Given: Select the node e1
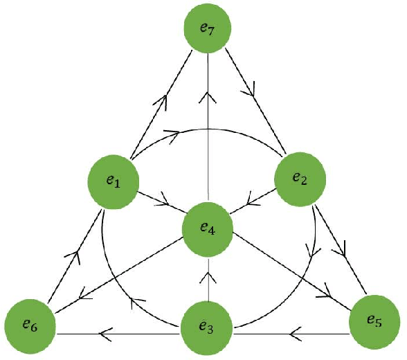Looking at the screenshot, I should (x=114, y=181).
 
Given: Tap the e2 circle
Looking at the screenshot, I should (x=301, y=178).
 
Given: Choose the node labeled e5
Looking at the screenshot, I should (x=374, y=322).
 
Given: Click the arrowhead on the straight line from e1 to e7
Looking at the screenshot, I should (x=164, y=101).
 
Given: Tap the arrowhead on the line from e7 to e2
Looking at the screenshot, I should (x=251, y=89).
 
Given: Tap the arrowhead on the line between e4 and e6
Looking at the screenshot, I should (x=86, y=296).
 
